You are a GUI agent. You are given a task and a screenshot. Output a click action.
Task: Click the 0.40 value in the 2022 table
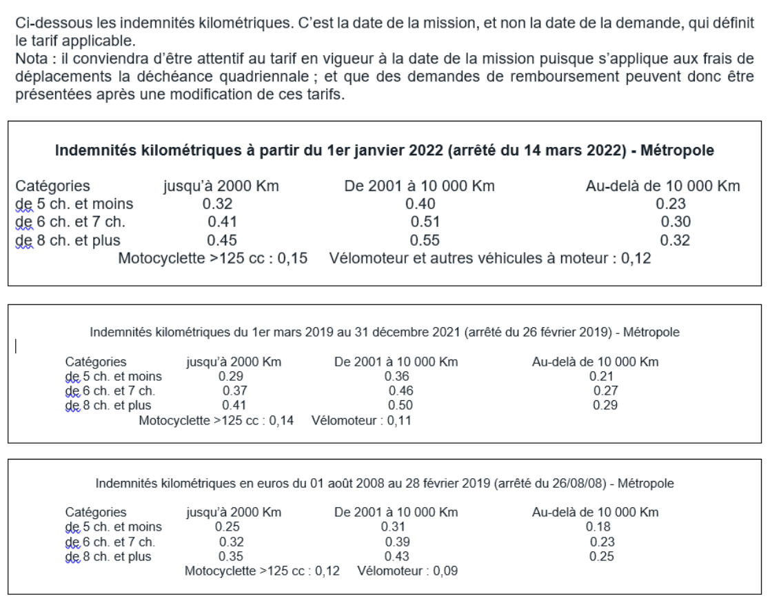click(x=420, y=204)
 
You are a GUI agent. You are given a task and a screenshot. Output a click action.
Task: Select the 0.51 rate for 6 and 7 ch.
click(x=425, y=222)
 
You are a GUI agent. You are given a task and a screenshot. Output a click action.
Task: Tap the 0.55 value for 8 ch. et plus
click(x=425, y=241)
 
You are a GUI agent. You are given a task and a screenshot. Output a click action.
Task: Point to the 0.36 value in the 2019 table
click(x=396, y=377)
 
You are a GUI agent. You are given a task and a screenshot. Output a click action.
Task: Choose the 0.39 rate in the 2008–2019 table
click(x=397, y=542)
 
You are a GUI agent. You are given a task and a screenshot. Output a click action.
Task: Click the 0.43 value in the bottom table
click(x=397, y=556)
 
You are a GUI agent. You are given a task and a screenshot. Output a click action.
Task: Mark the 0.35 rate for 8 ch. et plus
click(x=231, y=556)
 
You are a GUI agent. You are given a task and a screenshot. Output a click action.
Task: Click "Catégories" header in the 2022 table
click(x=52, y=186)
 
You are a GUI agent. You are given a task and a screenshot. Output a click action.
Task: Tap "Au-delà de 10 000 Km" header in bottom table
click(x=595, y=513)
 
